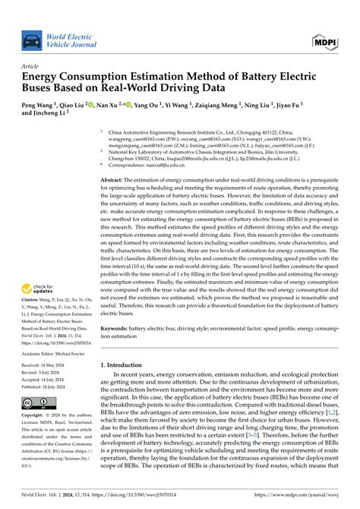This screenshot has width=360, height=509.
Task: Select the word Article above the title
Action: click(x=30, y=66)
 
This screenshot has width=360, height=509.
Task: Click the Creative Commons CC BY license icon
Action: click(x=35, y=403)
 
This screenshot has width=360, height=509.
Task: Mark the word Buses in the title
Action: click(x=42, y=88)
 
